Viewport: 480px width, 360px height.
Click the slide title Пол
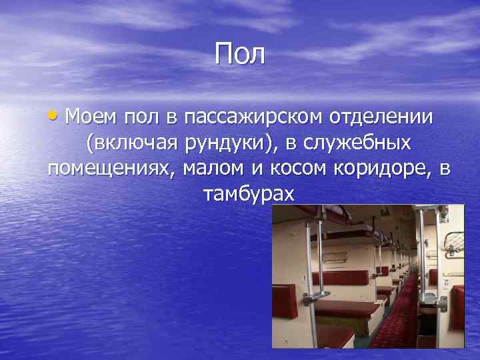tap(240, 54)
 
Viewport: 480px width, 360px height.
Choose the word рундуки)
tap(224, 143)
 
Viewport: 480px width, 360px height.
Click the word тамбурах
tap(247, 194)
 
